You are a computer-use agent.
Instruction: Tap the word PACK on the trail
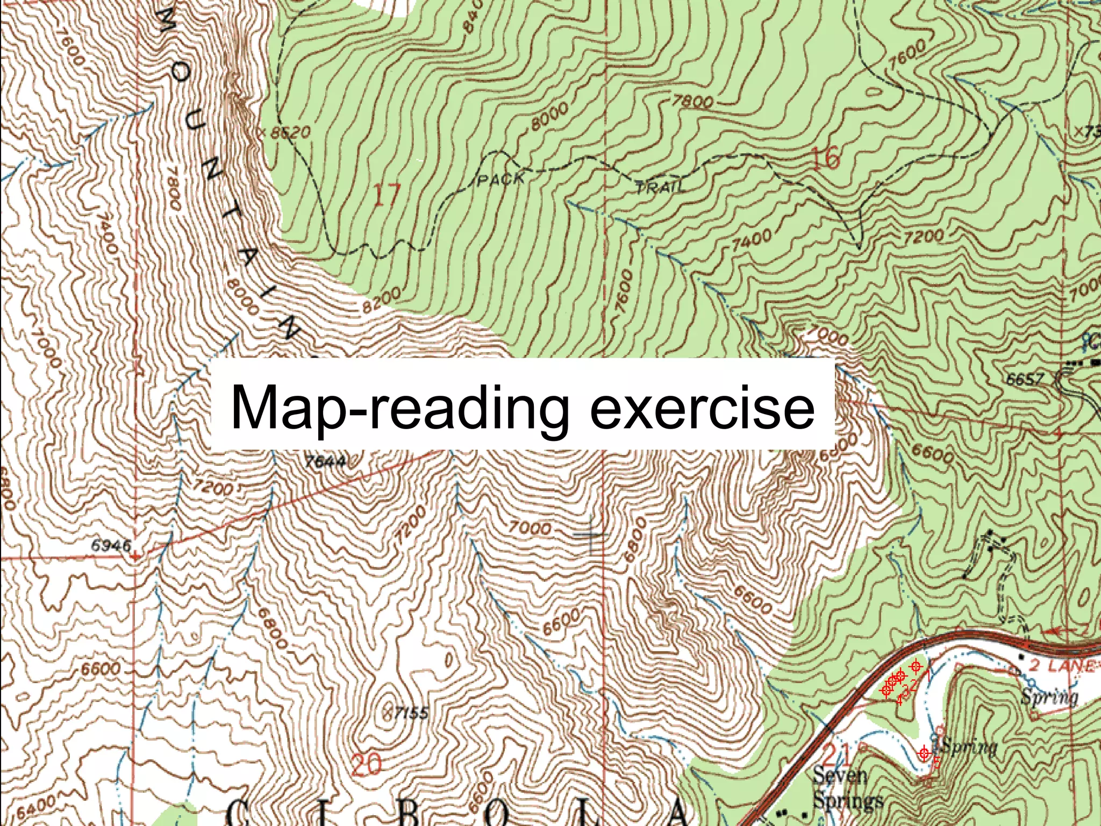pyautogui.click(x=500, y=179)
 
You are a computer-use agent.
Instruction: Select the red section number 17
pyautogui.click(x=387, y=195)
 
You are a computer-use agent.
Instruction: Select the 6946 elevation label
pyautogui.click(x=111, y=545)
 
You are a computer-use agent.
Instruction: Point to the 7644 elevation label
pyautogui.click(x=324, y=461)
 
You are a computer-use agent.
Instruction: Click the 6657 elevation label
pyautogui.click(x=1025, y=380)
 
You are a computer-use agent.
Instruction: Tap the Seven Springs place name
pyautogui.click(x=847, y=788)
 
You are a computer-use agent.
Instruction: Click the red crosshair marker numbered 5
pyautogui.click(x=924, y=753)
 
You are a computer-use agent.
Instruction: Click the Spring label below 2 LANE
pyautogui.click(x=1049, y=697)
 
